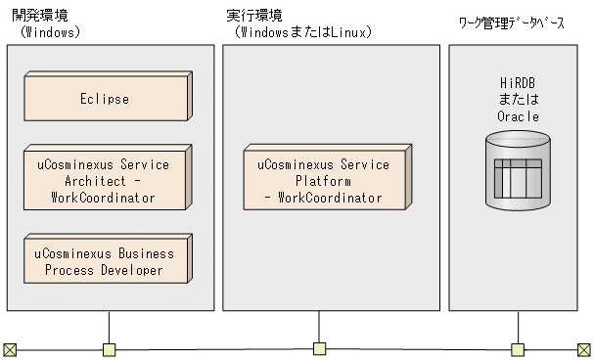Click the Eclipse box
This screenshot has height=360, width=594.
[104, 99]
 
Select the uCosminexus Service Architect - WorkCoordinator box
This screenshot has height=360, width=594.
[104, 181]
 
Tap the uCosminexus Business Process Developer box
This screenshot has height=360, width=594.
[104, 261]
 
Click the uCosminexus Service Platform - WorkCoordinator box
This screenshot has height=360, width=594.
[323, 181]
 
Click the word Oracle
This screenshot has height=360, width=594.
[517, 116]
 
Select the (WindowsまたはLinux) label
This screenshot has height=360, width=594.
[302, 31]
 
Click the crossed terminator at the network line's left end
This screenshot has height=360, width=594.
[10, 349]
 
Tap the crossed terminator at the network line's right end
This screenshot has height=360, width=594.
[584, 349]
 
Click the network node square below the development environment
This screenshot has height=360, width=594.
[110, 349]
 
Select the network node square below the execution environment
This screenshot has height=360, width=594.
[319, 348]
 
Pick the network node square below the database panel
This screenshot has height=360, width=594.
[518, 349]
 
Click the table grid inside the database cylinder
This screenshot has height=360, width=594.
[517, 177]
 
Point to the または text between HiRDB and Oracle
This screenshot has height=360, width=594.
[517, 101]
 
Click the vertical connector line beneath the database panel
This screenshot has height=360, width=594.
[518, 327]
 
